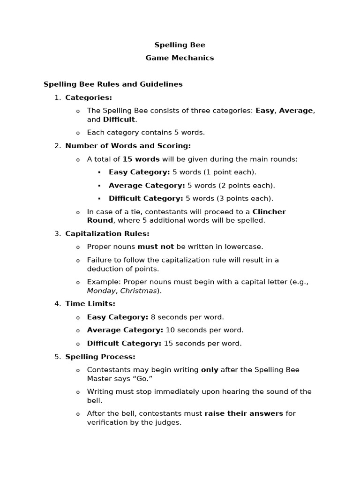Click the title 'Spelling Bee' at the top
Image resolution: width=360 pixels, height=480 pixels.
click(180, 45)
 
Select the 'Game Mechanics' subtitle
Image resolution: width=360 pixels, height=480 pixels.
click(180, 58)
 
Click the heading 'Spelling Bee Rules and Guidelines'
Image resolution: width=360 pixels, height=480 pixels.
click(113, 84)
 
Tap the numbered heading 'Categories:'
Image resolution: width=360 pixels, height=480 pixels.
click(89, 97)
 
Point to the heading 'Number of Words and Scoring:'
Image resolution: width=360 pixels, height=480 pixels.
click(128, 146)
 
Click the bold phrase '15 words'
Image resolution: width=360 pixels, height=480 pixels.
click(141, 159)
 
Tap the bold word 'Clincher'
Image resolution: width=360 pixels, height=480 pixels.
click(269, 211)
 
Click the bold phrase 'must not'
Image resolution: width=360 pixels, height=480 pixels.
click(156, 247)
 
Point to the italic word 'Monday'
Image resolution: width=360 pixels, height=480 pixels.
click(101, 291)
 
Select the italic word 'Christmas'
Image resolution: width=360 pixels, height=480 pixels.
click(138, 291)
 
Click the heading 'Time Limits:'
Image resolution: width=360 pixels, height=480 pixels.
click(90, 304)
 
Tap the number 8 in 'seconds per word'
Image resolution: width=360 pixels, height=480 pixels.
click(153, 317)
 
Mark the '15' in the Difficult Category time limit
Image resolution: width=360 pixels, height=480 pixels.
click(168, 343)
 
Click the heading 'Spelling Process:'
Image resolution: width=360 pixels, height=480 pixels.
click(100, 357)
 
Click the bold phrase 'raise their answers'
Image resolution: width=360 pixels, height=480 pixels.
click(244, 413)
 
